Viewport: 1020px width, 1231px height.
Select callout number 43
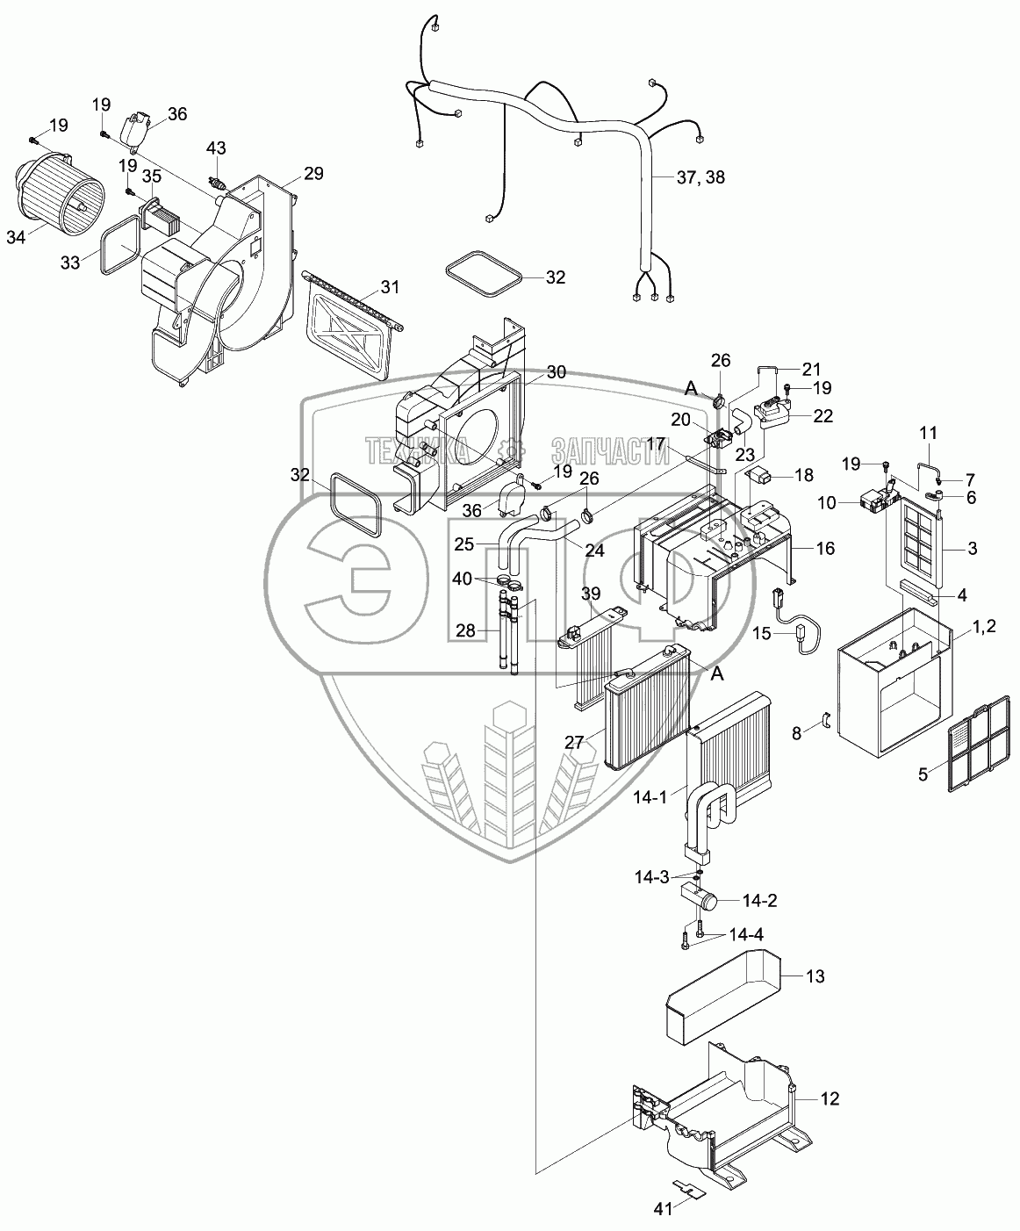coord(217,148)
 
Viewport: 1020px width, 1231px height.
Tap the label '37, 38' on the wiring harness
coord(700,176)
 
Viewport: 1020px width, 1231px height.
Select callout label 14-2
coord(759,917)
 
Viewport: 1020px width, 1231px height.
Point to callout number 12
coord(830,1098)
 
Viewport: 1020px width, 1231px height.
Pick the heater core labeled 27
coord(648,707)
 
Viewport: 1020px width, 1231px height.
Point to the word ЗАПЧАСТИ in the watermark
coord(610,451)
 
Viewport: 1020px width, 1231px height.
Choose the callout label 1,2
coord(980,626)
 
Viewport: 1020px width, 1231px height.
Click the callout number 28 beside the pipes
coord(465,630)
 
